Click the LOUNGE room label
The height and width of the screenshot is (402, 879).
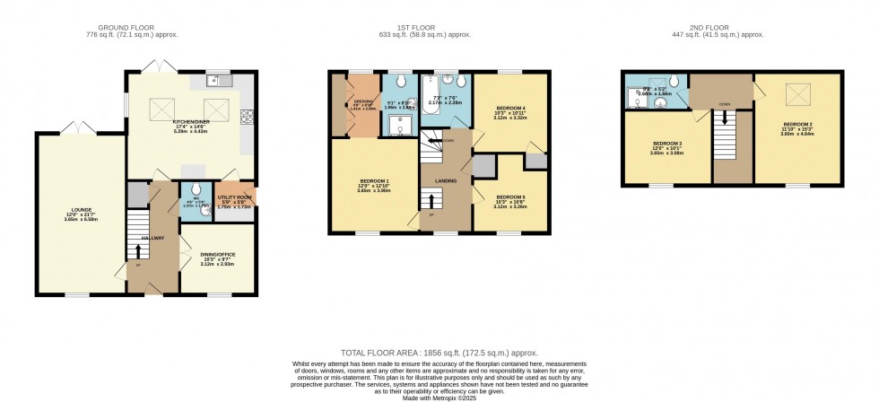click(x=75, y=212)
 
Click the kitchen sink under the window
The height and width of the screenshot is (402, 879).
click(x=215, y=81)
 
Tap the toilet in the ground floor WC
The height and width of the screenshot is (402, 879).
click(x=194, y=189)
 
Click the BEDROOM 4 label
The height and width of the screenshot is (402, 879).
click(x=510, y=109)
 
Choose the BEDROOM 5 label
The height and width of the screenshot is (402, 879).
click(x=510, y=197)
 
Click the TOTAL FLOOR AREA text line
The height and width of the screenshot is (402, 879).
click(x=439, y=354)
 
